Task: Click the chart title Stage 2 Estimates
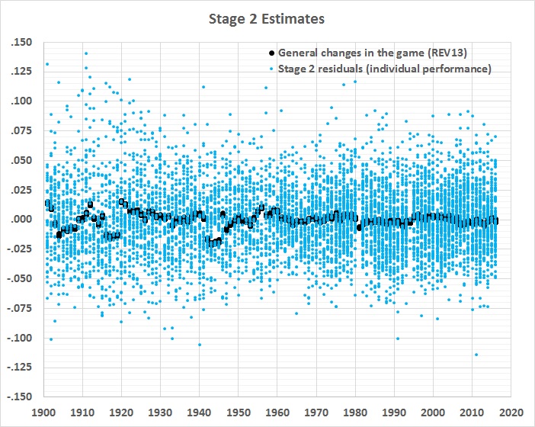267,17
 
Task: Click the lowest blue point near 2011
476,355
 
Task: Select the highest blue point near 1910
86,53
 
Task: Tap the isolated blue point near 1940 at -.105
200,345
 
